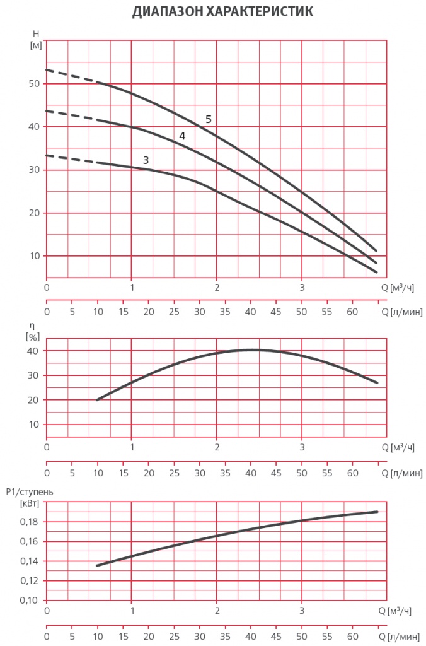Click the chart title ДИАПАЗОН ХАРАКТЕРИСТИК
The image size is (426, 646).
213,12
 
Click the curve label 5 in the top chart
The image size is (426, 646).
209,119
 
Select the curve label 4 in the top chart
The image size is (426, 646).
182,136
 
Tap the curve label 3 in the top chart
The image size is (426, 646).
146,160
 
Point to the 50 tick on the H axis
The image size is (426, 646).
35,84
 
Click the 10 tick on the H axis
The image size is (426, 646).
35,256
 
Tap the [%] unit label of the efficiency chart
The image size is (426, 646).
32,337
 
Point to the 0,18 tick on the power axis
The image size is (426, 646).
29,522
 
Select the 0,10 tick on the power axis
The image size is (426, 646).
29,600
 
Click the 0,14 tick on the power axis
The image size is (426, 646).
29,561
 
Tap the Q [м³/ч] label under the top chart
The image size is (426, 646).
398,288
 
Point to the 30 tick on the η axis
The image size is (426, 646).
34,375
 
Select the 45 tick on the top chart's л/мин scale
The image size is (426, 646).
276,312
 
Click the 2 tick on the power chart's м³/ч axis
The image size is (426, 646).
217,611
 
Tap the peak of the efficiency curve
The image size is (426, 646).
252,349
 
